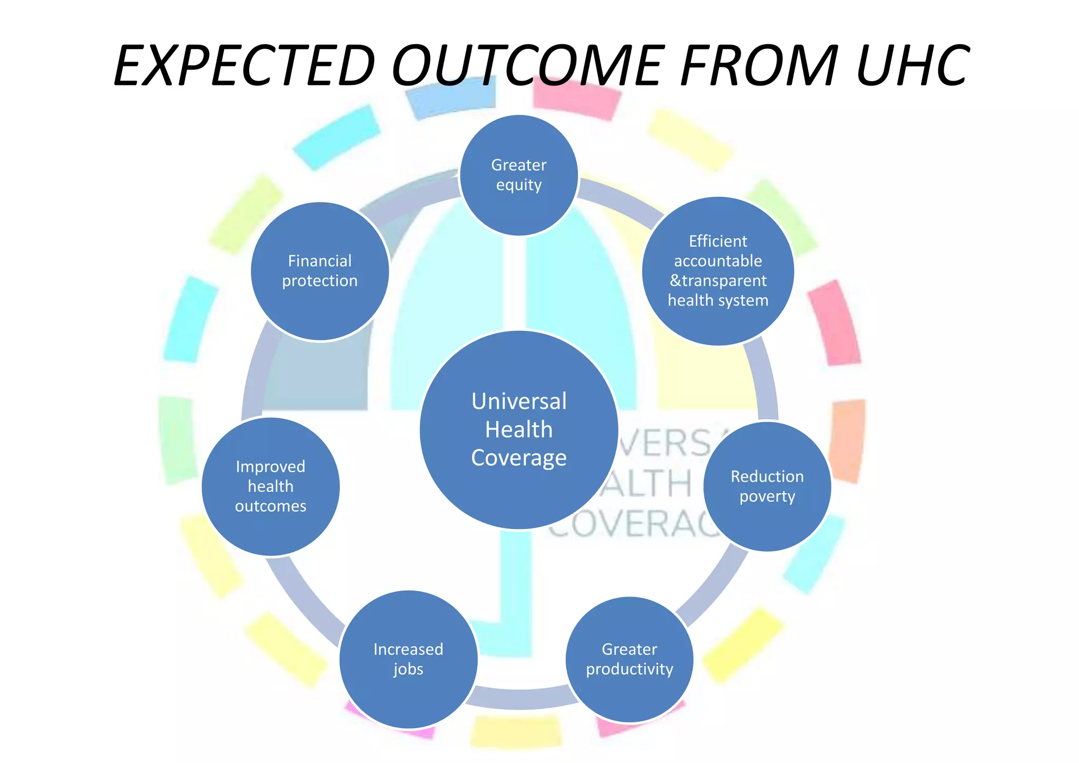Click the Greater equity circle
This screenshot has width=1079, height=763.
(519, 175)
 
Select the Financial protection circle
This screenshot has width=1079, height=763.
(320, 271)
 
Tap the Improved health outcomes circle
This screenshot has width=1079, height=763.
(271, 486)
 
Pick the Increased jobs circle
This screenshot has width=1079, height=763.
(408, 659)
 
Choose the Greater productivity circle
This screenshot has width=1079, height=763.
(630, 659)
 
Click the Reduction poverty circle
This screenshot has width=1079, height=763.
(767, 486)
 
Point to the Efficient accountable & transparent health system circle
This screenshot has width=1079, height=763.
(718, 271)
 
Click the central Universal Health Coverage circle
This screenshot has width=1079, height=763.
(519, 429)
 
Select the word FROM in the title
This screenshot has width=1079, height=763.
(759, 66)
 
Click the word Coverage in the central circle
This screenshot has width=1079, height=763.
(519, 458)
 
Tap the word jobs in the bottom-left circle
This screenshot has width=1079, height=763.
(408, 669)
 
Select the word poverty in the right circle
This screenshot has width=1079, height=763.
(767, 496)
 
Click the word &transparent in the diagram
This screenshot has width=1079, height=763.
(718, 281)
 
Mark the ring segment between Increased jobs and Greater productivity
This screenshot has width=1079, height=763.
(519, 698)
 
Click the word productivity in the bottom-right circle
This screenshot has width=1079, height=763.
(630, 669)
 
